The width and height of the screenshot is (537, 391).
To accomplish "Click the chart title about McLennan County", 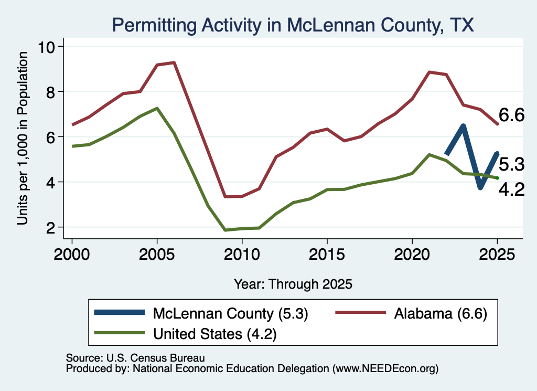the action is click(x=293, y=25).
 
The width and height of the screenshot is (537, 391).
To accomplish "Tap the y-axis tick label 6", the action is click(x=50, y=137).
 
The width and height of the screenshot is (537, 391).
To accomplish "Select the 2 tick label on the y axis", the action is click(x=50, y=228).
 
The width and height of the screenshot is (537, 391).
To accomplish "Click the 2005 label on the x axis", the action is click(x=157, y=255).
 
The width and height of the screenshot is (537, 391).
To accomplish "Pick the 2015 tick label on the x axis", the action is click(x=327, y=255).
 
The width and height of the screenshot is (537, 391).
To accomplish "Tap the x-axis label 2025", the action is click(x=497, y=255).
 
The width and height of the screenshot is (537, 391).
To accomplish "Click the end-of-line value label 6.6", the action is click(x=511, y=115).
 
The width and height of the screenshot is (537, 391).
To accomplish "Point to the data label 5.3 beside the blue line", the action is click(x=511, y=164).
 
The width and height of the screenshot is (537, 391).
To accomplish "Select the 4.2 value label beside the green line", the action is click(x=511, y=190).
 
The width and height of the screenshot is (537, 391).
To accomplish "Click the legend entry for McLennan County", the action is click(x=201, y=313).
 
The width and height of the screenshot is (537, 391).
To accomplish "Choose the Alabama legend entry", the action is click(x=411, y=313).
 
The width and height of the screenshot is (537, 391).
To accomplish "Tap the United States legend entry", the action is click(x=185, y=334).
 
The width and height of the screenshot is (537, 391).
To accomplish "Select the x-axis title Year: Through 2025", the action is click(x=293, y=284).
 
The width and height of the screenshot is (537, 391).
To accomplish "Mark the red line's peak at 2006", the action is click(x=174, y=62).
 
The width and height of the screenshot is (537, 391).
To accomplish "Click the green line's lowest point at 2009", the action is click(x=225, y=230).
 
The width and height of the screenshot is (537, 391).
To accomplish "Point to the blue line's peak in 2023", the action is click(x=464, y=126).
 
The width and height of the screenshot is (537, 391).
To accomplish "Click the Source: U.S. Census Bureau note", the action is click(x=135, y=358).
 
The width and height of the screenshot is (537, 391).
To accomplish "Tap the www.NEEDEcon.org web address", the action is click(x=385, y=369).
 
